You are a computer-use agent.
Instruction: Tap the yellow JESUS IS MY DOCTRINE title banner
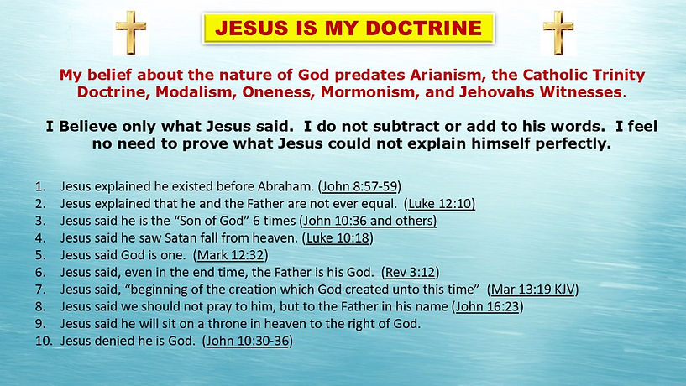(346, 28)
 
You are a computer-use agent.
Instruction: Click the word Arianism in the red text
(431, 74)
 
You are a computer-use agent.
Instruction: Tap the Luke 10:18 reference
(340, 237)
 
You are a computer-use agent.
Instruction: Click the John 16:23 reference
(488, 306)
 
